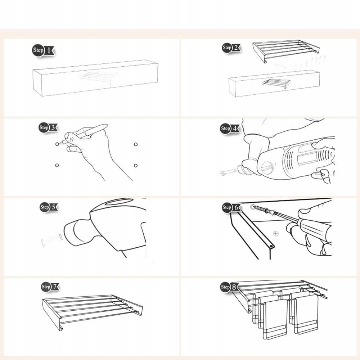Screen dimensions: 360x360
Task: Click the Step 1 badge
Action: click(43, 50)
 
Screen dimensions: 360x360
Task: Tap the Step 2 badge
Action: click(231, 48)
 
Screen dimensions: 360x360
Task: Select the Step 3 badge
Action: click(48, 127)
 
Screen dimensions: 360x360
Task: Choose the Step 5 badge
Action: click(49, 207)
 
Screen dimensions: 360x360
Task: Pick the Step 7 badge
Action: click(50, 287)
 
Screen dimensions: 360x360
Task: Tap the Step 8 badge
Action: click(229, 287)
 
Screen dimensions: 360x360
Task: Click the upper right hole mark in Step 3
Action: click(136, 144)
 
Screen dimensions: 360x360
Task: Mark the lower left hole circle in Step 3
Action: click(57, 165)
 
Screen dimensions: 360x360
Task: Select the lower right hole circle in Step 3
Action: click(136, 166)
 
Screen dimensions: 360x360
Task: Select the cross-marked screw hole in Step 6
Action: click(276, 234)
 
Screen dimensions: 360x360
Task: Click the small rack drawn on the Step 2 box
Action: click(276, 84)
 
